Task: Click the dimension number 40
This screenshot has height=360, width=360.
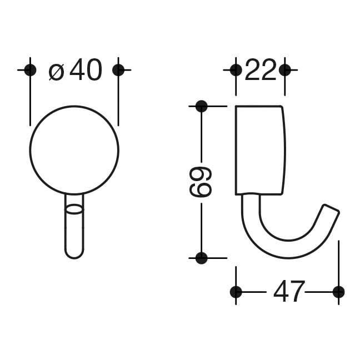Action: [86, 69]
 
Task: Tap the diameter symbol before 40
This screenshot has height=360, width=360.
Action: [57, 72]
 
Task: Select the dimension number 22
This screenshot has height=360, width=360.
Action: [261, 69]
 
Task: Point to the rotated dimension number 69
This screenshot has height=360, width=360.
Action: [200, 182]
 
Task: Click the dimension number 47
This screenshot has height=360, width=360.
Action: [289, 292]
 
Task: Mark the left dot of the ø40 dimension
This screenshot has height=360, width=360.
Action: [30, 70]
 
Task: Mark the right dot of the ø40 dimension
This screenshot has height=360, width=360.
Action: [118, 70]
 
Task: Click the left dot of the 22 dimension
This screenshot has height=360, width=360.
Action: [236, 70]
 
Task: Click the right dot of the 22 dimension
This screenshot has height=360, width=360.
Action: [285, 70]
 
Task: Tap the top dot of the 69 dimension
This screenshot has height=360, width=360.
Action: [201, 106]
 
